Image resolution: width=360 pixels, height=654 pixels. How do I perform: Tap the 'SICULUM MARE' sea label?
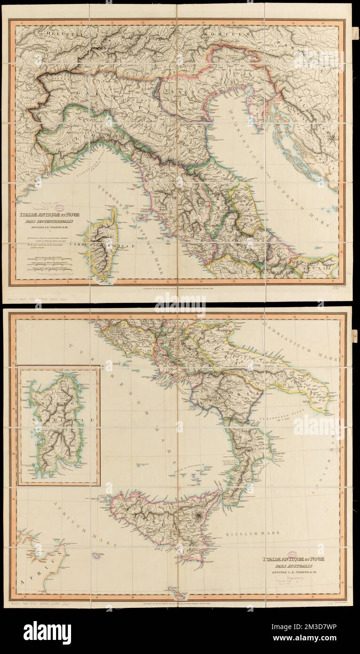tap(259, 534)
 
